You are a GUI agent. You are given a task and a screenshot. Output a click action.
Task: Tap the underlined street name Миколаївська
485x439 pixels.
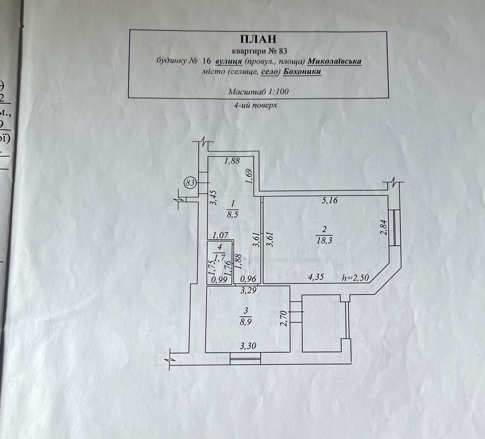[334, 61]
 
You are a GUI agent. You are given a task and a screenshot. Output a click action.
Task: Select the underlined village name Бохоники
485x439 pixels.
[302, 72]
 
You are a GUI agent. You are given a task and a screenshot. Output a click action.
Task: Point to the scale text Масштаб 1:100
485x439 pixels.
[258, 91]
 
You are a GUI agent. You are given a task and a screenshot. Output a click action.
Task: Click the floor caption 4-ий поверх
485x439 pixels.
[255, 105]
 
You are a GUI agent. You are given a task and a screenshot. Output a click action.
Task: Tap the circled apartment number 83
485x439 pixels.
[190, 183]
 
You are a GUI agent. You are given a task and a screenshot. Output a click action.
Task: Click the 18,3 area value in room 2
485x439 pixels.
[324, 241]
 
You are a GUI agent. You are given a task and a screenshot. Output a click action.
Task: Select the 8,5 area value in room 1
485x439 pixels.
[232, 214]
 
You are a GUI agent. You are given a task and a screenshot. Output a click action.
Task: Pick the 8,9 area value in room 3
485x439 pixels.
[246, 322]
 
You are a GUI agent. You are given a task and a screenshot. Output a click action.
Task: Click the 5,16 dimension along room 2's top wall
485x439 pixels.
[329, 200]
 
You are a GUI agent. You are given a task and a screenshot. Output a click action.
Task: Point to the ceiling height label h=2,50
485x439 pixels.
[355, 278]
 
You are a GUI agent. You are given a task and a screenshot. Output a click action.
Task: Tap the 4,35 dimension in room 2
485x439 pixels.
[316, 277]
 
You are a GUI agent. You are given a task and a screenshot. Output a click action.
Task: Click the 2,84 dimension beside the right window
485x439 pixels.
[384, 227]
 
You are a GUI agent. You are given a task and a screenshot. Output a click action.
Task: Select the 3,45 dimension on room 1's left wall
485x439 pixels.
[213, 198]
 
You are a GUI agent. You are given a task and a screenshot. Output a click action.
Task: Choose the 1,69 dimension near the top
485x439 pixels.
[249, 176]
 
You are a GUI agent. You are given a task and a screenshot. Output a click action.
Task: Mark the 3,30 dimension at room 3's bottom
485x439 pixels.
[248, 346]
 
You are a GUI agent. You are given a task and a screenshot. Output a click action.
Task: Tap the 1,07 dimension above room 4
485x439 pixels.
[220, 235]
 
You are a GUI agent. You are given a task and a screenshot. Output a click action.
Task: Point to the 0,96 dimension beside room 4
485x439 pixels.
[248, 279]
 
